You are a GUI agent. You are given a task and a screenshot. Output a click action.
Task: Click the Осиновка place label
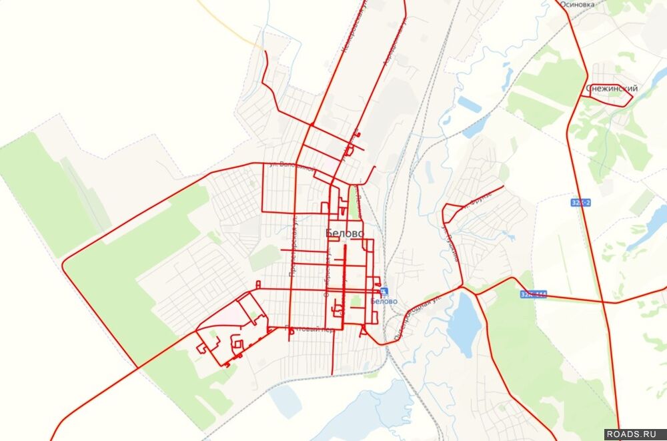pos(577,3)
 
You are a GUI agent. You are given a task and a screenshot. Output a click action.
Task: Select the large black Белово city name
pos(345,234)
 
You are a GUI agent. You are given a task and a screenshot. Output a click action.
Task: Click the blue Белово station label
pos(384,301)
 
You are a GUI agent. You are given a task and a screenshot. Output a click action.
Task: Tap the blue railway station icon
pos(384,291)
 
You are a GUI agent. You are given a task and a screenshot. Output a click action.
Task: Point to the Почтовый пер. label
pos(305,328)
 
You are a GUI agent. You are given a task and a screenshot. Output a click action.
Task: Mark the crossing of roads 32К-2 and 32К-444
pos(604,302)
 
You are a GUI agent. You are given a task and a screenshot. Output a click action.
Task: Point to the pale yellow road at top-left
pos(227,23)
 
